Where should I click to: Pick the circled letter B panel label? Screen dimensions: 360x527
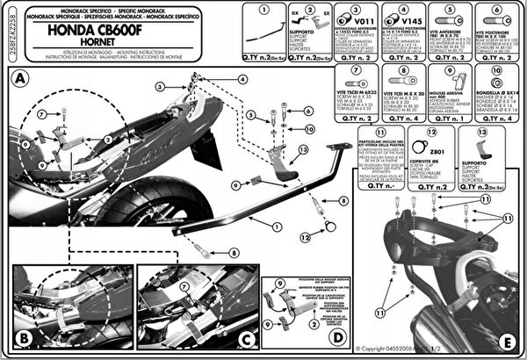[x=25, y=336]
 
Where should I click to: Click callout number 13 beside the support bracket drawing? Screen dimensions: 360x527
[x=303, y=149]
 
